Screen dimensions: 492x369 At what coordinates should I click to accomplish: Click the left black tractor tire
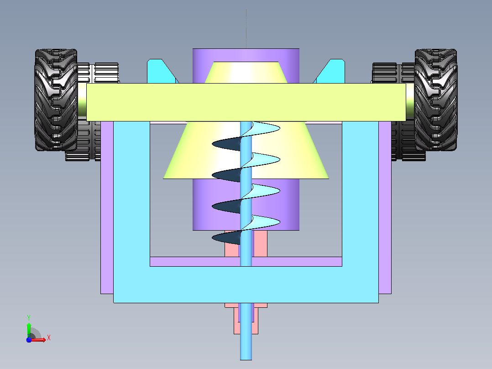tap(56, 100)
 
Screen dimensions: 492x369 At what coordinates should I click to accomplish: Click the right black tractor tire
tap(436, 100)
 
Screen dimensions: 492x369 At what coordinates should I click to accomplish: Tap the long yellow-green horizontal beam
tap(246, 102)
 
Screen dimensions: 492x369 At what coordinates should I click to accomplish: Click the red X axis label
tap(49, 338)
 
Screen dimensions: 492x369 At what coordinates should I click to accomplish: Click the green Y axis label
tap(29, 317)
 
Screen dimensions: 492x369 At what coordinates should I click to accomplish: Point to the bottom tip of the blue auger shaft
tap(246, 360)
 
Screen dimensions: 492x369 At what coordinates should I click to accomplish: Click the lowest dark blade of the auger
tap(226, 238)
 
